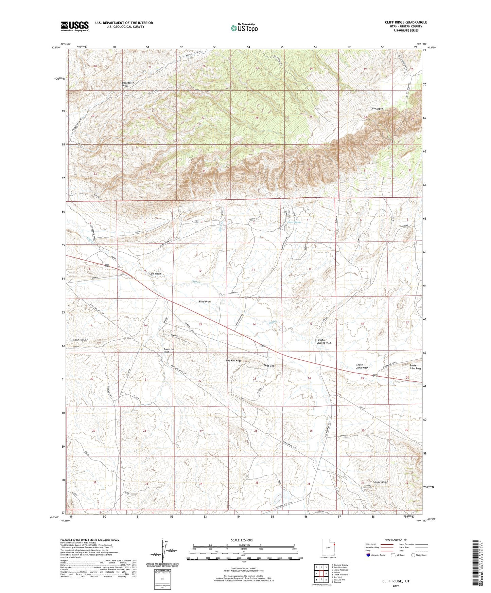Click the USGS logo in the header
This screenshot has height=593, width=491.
click(x=74, y=26)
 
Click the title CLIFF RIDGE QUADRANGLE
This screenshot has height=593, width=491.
click(x=406, y=22)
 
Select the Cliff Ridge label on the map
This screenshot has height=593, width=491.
click(x=376, y=109)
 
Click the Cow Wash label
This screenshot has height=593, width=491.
click(x=155, y=273)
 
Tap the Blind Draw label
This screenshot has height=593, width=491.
click(x=205, y=302)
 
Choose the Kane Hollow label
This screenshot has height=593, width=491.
click(x=81, y=340)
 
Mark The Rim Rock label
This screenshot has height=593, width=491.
click(x=233, y=360)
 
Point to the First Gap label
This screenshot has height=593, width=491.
click(x=269, y=365)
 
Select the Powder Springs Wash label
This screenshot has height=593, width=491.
click(x=324, y=341)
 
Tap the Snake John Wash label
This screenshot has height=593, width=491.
click(x=362, y=366)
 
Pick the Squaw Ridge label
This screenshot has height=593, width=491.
click(x=380, y=482)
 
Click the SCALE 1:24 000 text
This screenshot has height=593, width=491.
click(x=241, y=540)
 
